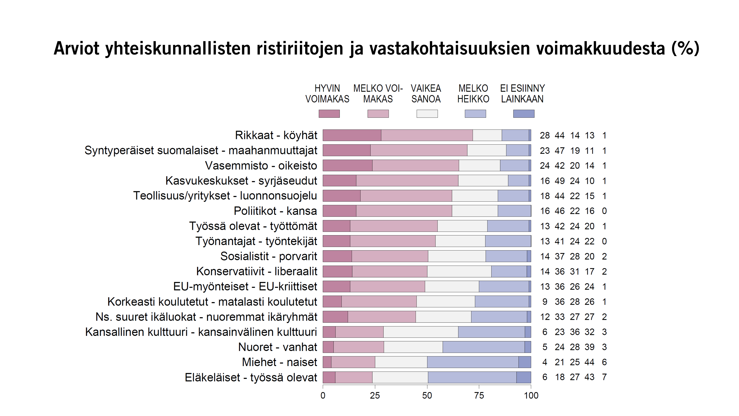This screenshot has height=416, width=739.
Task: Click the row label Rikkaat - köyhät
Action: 276,135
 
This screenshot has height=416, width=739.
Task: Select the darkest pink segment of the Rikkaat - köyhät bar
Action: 352,135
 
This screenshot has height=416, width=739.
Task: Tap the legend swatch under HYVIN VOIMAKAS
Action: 329,114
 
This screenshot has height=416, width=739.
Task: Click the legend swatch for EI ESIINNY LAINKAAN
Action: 524,114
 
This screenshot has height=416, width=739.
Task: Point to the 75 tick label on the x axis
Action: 479,396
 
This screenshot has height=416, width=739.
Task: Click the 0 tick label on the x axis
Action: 323,396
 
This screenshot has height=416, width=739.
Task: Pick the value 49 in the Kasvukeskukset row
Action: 559,181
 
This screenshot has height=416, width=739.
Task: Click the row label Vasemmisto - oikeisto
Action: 261,166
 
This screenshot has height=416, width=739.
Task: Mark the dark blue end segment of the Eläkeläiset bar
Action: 524,377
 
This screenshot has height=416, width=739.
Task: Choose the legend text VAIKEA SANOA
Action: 426,94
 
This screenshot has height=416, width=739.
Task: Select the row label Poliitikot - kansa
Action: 275,211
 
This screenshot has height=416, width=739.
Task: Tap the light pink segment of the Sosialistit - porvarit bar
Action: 390,256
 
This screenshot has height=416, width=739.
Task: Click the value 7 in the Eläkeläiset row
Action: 604,377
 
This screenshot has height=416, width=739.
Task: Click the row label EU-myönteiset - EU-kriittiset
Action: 245,287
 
